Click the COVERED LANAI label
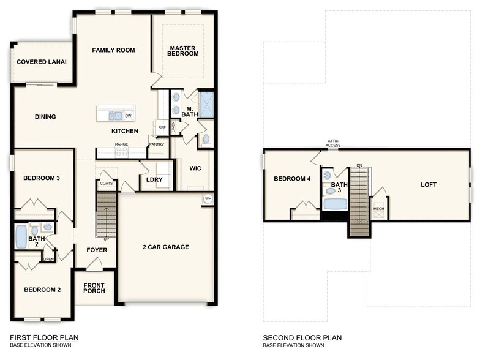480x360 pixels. [42, 62]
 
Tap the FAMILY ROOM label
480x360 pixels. [113, 50]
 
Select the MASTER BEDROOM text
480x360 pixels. [184, 51]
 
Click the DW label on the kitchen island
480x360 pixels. [128, 116]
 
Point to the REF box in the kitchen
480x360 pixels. [162, 128]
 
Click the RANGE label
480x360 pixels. [121, 144]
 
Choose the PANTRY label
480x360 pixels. [156, 144]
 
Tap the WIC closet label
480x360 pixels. [195, 168]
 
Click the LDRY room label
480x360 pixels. [154, 179]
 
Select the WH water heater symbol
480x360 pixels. [208, 199]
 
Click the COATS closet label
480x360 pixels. [106, 182]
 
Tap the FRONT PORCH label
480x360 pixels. [94, 288]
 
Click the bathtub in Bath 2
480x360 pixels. [21, 236]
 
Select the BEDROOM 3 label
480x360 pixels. [41, 178]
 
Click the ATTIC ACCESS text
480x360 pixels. [333, 144]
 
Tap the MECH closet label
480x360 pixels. [379, 209]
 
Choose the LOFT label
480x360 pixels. [429, 184]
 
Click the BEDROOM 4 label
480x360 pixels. [291, 179]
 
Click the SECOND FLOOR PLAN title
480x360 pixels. [302, 337]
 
